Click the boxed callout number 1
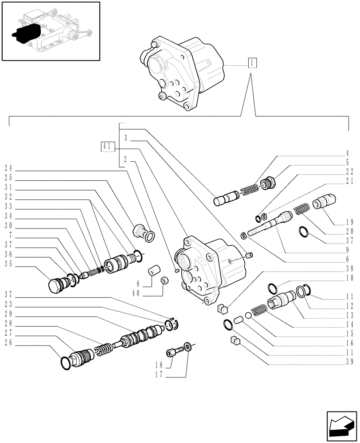[251, 63]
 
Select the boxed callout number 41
[108, 146]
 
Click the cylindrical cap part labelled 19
[325, 202]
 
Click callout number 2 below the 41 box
[126, 158]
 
